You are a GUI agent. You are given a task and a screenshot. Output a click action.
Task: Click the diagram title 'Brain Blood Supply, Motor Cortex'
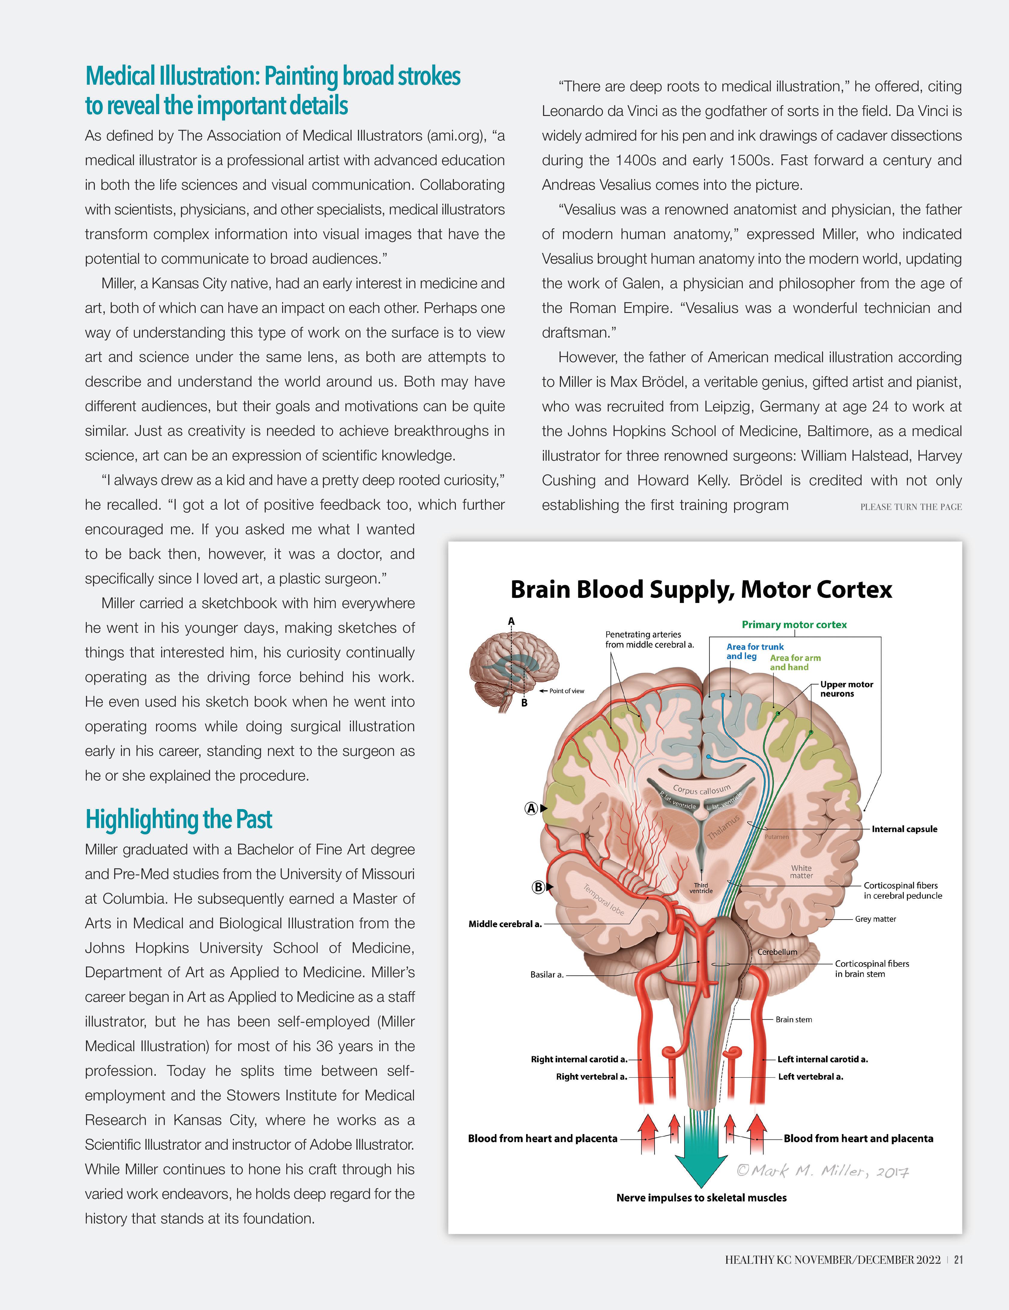[701, 590]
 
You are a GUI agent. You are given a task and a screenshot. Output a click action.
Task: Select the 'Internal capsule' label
[904, 829]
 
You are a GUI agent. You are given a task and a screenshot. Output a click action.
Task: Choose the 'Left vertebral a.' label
[810, 1077]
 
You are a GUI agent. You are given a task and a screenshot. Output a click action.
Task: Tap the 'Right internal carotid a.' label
[579, 1059]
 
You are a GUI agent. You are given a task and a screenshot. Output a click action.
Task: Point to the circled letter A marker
[531, 808]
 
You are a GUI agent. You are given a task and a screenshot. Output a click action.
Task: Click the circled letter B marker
[538, 887]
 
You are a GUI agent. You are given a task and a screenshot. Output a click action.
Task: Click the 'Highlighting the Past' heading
[179, 819]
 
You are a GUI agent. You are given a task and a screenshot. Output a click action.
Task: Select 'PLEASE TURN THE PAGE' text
[911, 507]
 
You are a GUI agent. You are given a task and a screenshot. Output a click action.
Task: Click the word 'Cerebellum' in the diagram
[777, 952]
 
